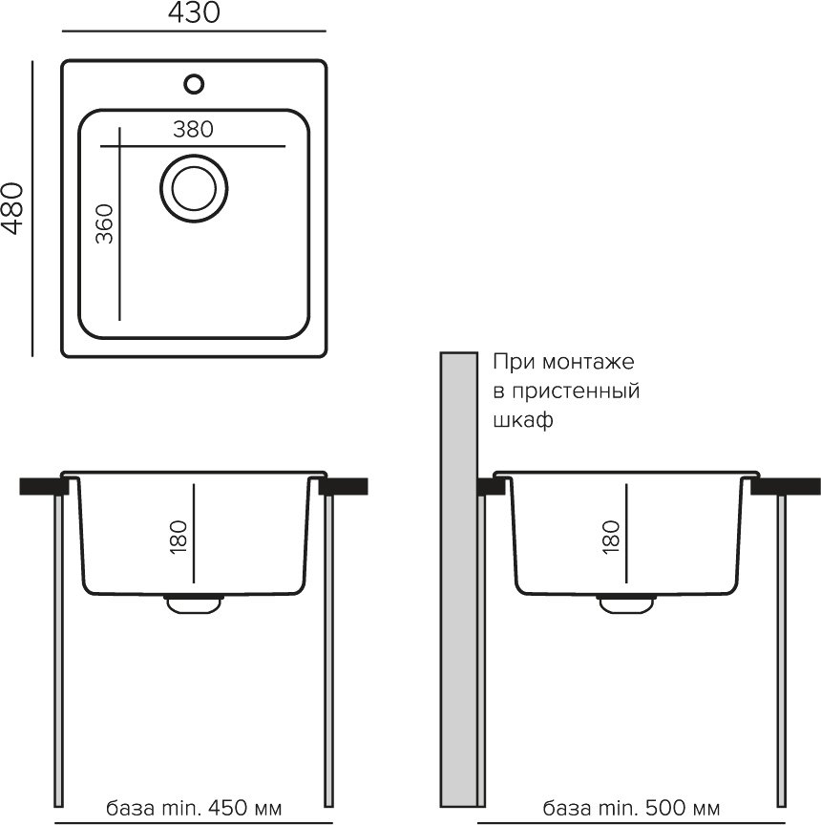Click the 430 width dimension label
(x=194, y=12)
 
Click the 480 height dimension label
(x=12, y=208)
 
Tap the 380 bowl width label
(x=193, y=130)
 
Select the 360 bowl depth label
(x=105, y=224)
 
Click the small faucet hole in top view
(x=194, y=84)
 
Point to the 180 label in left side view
(x=179, y=537)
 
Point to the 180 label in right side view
(x=611, y=537)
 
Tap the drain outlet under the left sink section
(x=194, y=604)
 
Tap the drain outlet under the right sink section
(x=626, y=604)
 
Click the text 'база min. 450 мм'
(x=194, y=808)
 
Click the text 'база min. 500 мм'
(x=631, y=808)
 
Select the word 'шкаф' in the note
(x=523, y=420)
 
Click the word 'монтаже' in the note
(x=588, y=362)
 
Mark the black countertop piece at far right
(x=786, y=486)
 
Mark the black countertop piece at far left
(x=44, y=486)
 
